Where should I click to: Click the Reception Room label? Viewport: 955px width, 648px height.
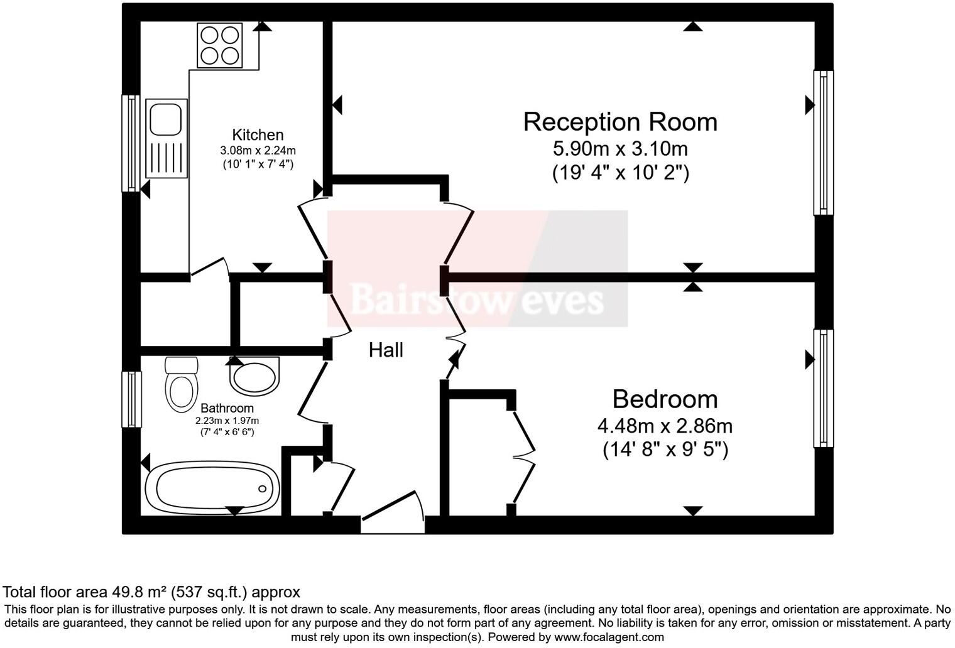point(619,122)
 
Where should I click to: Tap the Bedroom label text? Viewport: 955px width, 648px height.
point(665,399)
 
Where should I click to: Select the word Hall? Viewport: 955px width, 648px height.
point(386,350)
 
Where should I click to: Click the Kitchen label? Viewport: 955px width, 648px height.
point(258,135)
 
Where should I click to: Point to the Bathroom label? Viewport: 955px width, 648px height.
point(227,408)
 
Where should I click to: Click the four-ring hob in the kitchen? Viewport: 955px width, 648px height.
point(220,45)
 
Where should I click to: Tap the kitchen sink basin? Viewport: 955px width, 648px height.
point(166,119)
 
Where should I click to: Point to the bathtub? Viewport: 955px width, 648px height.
point(212,488)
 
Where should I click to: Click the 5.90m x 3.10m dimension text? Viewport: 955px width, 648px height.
point(619,149)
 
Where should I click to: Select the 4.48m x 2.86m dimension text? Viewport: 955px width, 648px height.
point(665,426)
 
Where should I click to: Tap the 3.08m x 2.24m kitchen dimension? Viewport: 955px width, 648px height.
point(258,151)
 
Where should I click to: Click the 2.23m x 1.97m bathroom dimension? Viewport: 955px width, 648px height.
point(227,421)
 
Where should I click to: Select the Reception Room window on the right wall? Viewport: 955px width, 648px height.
point(823,142)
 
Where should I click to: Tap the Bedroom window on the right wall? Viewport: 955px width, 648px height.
point(823,388)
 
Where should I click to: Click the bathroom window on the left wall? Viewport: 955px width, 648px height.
point(131,399)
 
